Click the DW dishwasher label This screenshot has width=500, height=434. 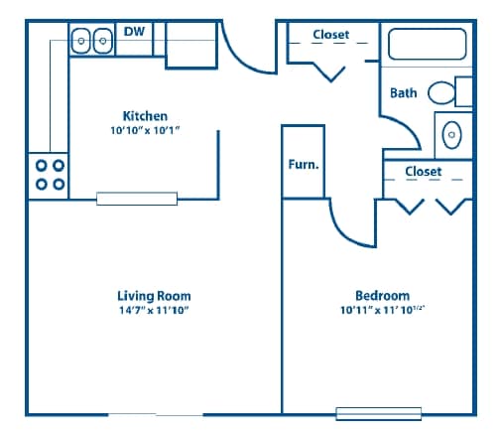pos(134,32)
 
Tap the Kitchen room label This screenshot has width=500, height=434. pos(145,116)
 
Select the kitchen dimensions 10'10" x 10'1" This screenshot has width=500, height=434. pos(145,130)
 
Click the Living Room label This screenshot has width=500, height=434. pos(154,296)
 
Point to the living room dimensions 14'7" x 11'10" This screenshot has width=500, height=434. pos(154,310)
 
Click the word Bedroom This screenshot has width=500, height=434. pos(382,296)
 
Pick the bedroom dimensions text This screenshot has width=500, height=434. pos(382,310)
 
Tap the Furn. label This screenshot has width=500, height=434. pos(304,164)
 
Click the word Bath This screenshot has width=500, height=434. pos(403,93)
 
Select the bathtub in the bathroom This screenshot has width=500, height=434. pos(428,44)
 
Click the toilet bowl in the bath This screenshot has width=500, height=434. pos(441,93)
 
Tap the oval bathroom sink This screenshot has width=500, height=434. pos(451,135)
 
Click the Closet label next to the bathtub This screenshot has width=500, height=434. pos(330,35)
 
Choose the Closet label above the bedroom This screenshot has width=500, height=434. pos(424,172)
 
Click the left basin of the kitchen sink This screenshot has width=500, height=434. pos(81,41)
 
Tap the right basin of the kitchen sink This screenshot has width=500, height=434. pos(103,41)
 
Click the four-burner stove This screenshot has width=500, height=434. pos(49,176)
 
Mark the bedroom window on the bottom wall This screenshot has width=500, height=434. pos(379,414)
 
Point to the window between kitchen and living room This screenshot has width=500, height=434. pos(137,199)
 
